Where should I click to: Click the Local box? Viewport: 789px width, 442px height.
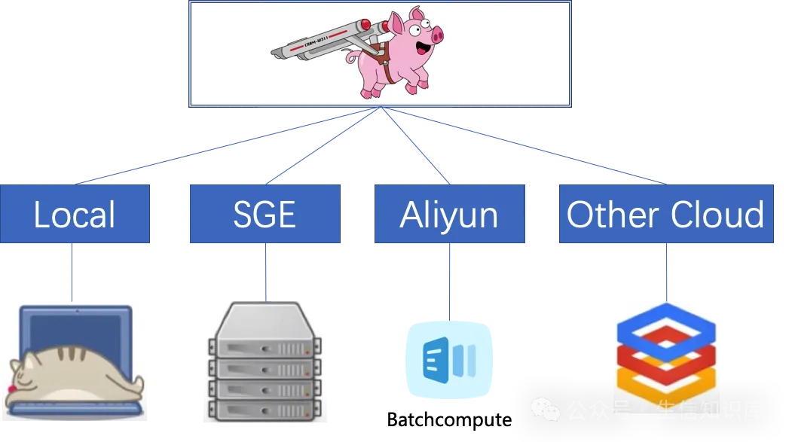pos(75,215)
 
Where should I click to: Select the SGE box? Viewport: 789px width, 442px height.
pos(265,215)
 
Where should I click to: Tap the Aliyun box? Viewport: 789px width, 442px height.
pos(449,215)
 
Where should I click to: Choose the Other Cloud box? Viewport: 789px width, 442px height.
pos(666,215)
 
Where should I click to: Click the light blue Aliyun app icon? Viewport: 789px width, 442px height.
pos(449,359)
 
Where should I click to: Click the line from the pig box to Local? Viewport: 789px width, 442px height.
pos(226,146)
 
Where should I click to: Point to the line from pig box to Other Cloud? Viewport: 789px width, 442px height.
pos(528,146)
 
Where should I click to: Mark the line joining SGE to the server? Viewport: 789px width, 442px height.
pos(266,271)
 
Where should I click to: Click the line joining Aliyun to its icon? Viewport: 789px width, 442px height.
pos(450,280)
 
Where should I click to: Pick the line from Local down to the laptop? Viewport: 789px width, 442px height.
pos(72,271)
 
